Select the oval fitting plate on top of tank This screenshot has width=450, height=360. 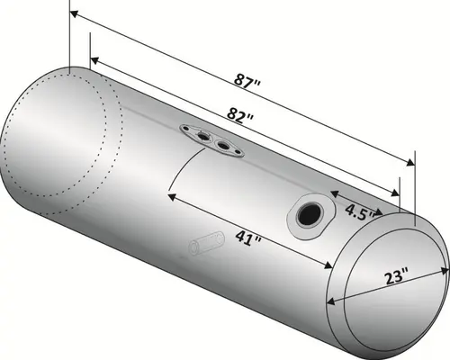[x=212, y=139]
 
